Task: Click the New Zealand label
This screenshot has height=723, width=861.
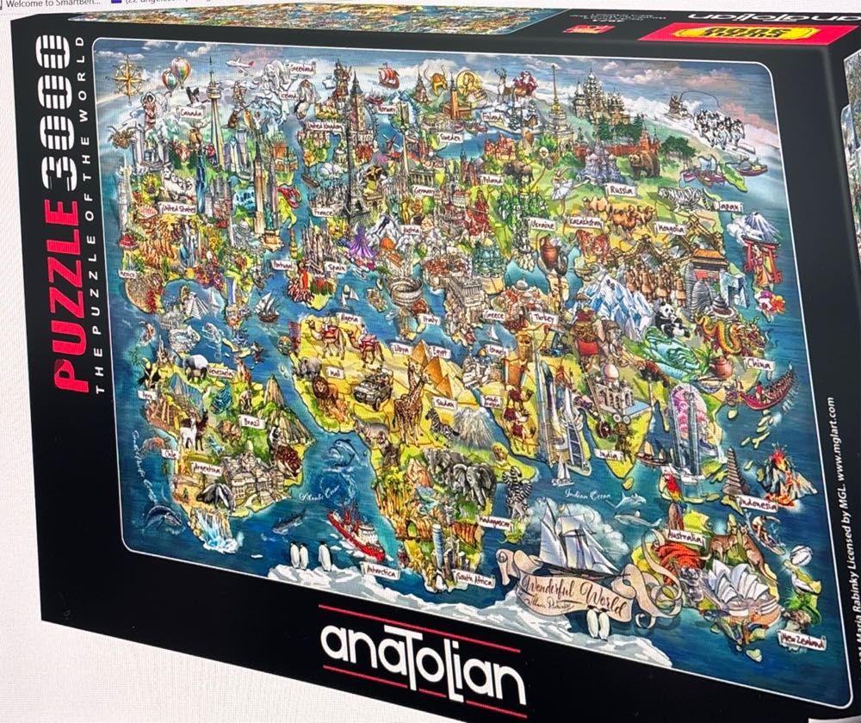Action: pos(800,640)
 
